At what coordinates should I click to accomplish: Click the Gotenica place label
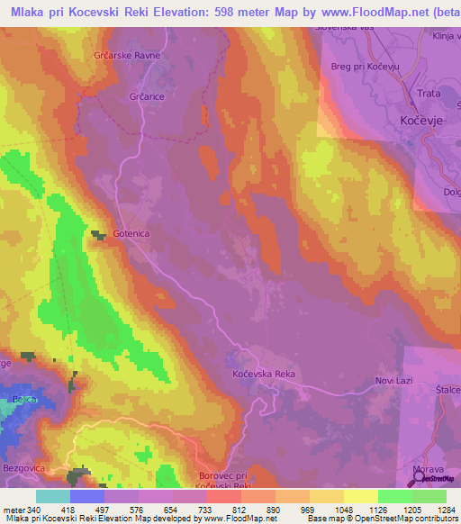coord(131,234)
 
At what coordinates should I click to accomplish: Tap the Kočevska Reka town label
coord(264,374)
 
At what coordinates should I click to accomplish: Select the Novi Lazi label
coord(393,381)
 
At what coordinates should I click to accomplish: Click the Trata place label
coord(427,100)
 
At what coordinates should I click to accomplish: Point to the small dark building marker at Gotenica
coord(97,235)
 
